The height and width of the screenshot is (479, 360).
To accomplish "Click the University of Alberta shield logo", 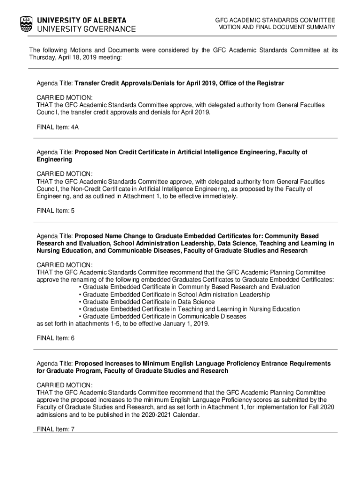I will click(27, 24).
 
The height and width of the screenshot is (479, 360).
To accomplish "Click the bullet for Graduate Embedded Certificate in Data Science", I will click(148, 302).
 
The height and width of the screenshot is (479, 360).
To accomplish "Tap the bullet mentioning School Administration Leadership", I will click(174, 294).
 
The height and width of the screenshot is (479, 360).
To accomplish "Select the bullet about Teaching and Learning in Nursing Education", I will click(189, 309).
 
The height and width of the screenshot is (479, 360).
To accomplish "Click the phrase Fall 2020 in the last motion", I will click(320, 407).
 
